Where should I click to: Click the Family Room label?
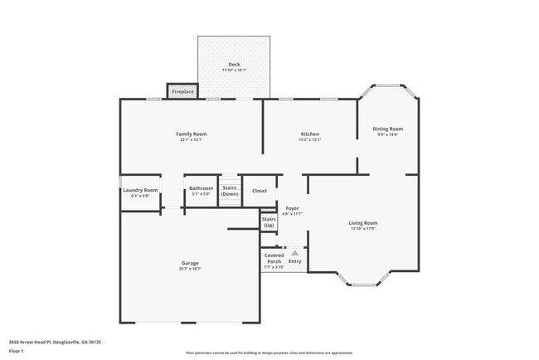coord(191,134)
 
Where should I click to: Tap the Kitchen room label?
coord(309,134)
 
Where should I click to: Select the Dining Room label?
coord(387,129)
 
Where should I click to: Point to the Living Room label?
coord(362,222)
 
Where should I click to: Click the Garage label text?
coord(190,263)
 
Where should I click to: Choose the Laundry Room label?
coord(139,190)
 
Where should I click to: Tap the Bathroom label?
coord(201,188)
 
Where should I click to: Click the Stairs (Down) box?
coord(230,191)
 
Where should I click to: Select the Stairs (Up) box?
coord(269,222)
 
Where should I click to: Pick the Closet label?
coord(260,191)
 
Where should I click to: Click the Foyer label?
coord(292,208)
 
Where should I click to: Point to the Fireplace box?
coord(183,90)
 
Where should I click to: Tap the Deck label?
coord(234,65)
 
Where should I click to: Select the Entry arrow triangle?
coord(294,252)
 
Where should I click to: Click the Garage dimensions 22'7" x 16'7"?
coord(190,269)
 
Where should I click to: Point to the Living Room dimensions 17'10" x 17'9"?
coord(362,228)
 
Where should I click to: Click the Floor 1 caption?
coord(17,351)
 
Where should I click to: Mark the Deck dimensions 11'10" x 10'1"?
coord(234,71)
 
